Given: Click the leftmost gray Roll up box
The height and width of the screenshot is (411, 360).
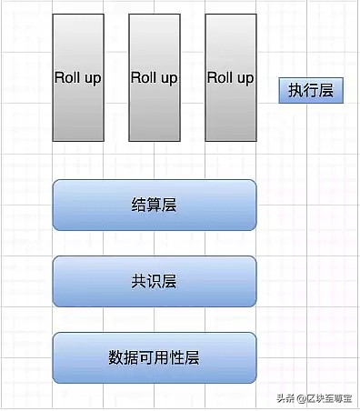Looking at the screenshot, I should [x=77, y=78].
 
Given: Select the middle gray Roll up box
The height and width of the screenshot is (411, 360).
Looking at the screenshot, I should [x=154, y=78].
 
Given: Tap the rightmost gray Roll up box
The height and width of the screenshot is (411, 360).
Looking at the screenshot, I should [x=230, y=78].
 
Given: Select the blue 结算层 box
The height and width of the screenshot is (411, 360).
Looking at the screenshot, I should [x=155, y=205].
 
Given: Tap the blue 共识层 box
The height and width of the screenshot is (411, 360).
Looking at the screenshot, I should [x=155, y=281].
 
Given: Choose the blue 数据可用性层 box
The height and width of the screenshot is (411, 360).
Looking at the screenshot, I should [x=155, y=357].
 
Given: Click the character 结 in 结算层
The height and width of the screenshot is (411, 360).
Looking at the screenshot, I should [x=139, y=205].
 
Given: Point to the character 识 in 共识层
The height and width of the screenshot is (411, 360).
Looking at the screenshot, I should [x=155, y=281].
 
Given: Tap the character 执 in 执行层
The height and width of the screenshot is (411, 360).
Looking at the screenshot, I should [x=296, y=92].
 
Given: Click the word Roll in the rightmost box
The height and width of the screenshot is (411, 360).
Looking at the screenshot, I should [x=220, y=78].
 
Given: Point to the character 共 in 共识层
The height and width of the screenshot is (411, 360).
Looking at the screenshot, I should [x=139, y=281].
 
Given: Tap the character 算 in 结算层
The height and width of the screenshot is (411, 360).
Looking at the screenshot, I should [x=155, y=205].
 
